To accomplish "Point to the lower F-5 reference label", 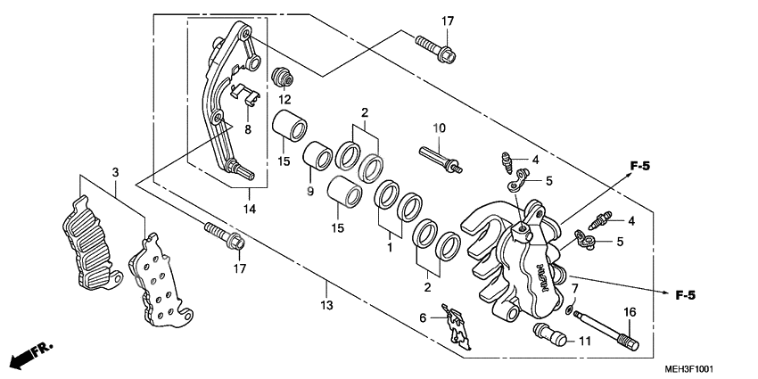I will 684,294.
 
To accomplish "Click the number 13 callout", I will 327,306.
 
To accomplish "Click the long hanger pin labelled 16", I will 605,324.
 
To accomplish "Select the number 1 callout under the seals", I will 390,243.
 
